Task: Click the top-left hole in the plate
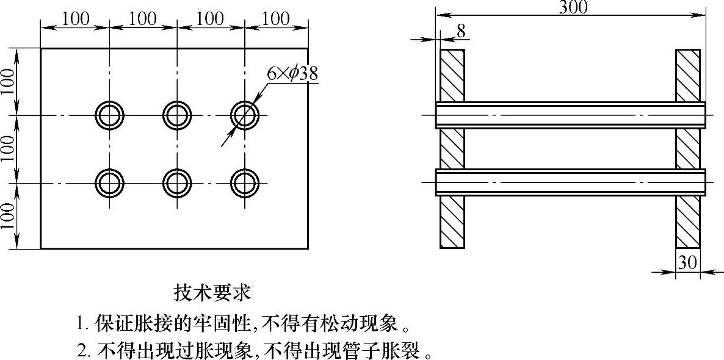pos(110,114)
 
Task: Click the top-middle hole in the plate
pos(177,114)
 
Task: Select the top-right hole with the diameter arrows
pos(244,114)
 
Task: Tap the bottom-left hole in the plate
pos(110,182)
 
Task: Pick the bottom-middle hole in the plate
pos(177,182)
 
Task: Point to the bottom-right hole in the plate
pos(244,182)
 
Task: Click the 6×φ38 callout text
pos(292,74)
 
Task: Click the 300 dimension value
pos(573,7)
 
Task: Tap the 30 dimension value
pos(687,262)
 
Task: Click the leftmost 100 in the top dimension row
pos(76,19)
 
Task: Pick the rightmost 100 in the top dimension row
pos(276,19)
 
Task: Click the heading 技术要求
pos(212,292)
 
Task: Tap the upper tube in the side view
pos(571,115)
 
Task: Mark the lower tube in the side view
pos(571,182)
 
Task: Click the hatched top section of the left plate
pos(452,74)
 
